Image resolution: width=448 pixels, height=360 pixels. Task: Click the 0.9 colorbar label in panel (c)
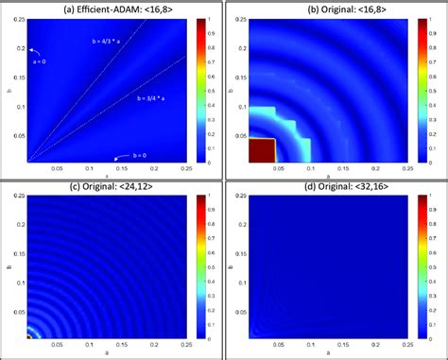point(212,210)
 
